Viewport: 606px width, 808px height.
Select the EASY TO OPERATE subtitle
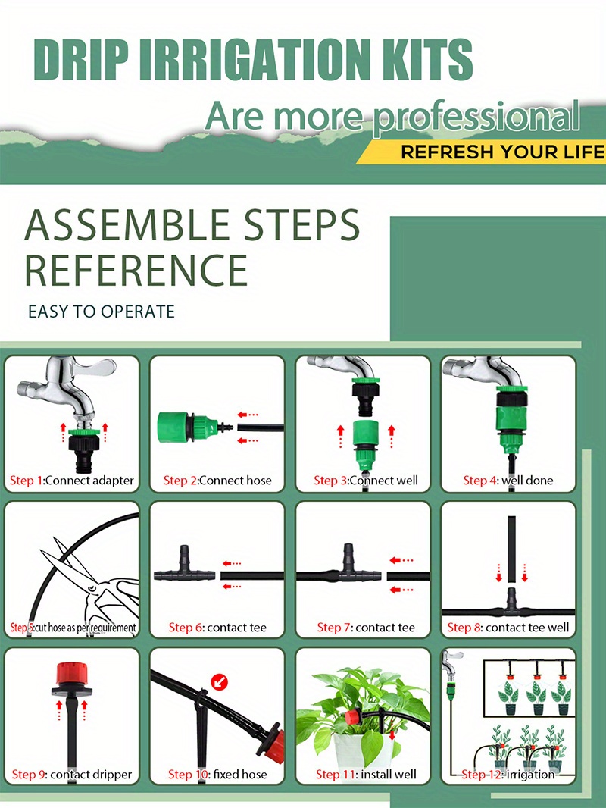click(x=102, y=312)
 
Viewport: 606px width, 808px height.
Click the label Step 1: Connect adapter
click(x=71, y=481)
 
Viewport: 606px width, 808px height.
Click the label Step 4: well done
click(x=508, y=481)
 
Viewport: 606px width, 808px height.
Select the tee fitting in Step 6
click(x=185, y=568)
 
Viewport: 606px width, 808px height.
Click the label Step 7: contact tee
click(x=366, y=627)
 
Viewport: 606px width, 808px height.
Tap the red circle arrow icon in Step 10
click(x=220, y=683)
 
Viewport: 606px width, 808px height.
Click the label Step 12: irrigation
click(x=508, y=774)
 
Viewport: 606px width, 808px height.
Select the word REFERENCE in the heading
click(x=136, y=270)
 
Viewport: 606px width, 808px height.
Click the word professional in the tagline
click(x=476, y=117)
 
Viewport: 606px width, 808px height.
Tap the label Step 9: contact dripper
click(x=71, y=774)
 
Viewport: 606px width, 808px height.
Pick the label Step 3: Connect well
click(x=366, y=481)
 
